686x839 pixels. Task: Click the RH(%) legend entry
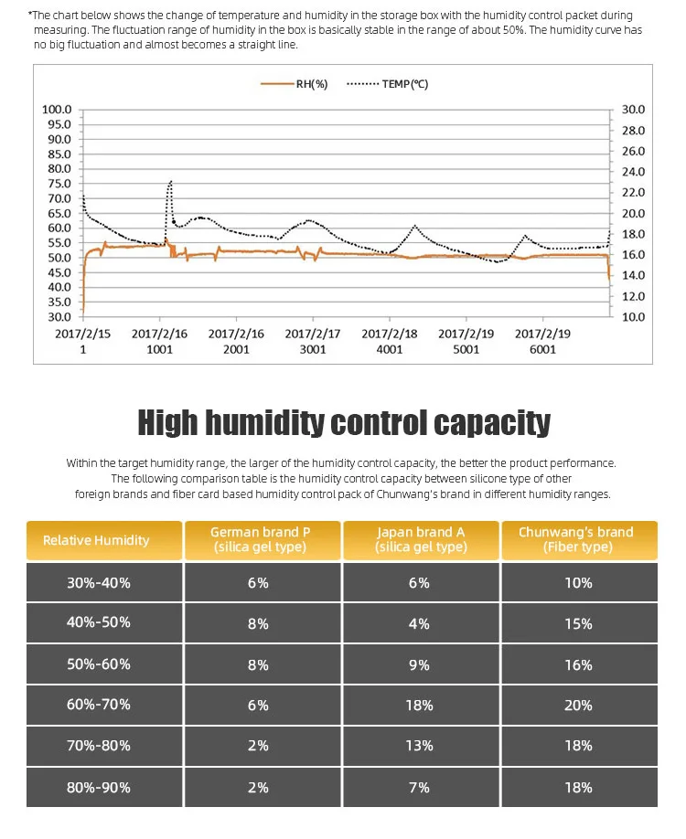click(x=295, y=84)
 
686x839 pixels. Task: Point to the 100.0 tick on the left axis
click(x=57, y=110)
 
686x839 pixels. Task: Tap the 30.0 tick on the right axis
click(x=633, y=110)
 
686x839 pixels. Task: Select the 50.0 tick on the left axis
click(x=57, y=258)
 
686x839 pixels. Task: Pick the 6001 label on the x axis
click(x=543, y=349)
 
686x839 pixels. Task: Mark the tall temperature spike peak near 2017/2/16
click(x=170, y=182)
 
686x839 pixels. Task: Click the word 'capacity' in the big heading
click(x=491, y=423)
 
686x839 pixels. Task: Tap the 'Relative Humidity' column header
click(x=96, y=540)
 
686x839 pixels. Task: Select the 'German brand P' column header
click(x=260, y=539)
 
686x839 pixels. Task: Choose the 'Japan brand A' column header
click(x=421, y=539)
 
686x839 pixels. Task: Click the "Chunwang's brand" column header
click(x=576, y=539)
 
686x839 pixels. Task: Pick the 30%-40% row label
click(x=98, y=582)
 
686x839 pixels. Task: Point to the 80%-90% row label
click(x=98, y=787)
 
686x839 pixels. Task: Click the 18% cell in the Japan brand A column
click(x=419, y=706)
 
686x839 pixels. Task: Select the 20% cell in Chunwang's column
click(x=578, y=706)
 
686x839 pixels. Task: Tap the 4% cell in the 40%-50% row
click(x=419, y=623)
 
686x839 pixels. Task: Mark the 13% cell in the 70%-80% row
click(x=419, y=746)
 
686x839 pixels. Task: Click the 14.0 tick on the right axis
click(x=633, y=275)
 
